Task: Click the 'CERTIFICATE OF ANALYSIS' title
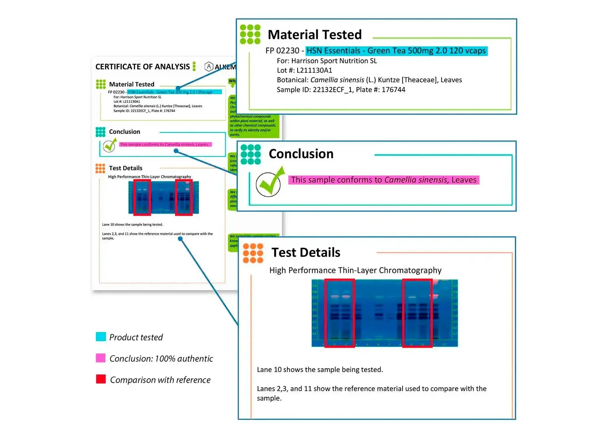tap(143, 67)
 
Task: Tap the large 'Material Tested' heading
tap(314, 35)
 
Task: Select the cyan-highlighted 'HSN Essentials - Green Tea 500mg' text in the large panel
tap(396, 51)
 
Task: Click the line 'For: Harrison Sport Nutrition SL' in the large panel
tap(327, 61)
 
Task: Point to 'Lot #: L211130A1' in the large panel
tap(304, 70)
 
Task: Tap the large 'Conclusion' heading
tap(301, 154)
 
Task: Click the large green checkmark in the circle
tap(269, 183)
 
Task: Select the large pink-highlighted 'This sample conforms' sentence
tap(384, 180)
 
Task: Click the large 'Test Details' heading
tap(306, 252)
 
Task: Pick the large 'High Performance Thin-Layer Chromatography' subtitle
tap(355, 270)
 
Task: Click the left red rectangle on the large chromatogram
tap(339, 313)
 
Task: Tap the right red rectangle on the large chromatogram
tap(417, 313)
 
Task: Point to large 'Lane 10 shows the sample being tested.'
tap(320, 370)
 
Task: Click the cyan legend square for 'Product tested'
tap(101, 337)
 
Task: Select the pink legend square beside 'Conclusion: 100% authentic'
tap(101, 358)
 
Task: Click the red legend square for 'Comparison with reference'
tap(101, 379)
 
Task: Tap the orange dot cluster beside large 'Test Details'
tap(253, 253)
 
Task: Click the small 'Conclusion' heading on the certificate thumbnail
tap(124, 132)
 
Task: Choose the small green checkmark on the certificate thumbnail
tap(109, 145)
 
